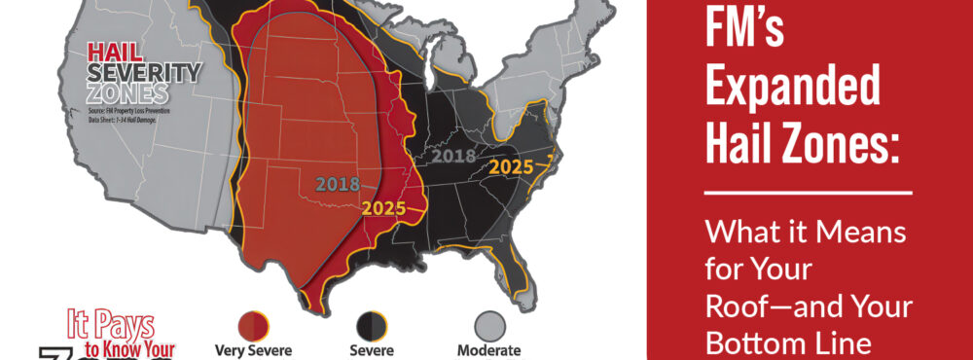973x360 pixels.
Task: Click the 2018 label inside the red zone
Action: (x=338, y=183)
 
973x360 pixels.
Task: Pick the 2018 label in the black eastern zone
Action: (x=452, y=156)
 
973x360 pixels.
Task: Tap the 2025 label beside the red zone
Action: (x=384, y=207)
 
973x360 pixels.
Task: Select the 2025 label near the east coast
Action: (x=511, y=166)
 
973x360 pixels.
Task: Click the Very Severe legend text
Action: (x=252, y=350)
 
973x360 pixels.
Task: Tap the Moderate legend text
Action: (x=488, y=350)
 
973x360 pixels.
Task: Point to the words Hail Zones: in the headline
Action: (x=799, y=146)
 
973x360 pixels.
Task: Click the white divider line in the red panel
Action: (x=808, y=193)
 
